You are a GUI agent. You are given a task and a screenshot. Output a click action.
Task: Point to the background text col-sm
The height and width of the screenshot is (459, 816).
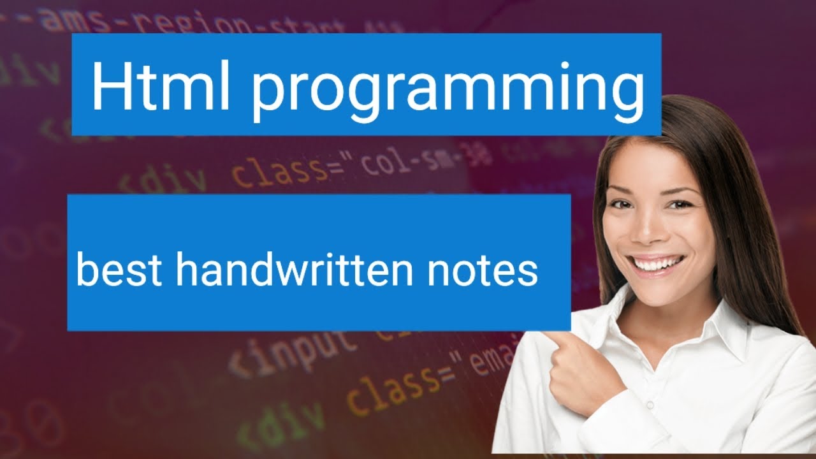click(x=409, y=162)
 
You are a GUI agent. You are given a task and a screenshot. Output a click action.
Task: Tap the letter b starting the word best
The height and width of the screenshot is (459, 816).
click(x=87, y=269)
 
